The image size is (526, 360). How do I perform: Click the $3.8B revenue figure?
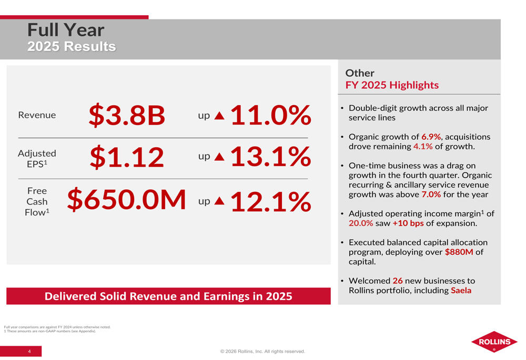pyautogui.click(x=127, y=115)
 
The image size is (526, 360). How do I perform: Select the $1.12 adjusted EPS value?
pyautogui.click(x=127, y=157)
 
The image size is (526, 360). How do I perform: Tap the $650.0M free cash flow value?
pyautogui.click(x=127, y=200)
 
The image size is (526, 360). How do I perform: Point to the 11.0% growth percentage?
pyautogui.click(x=270, y=115)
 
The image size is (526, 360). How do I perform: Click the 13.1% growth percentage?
pyautogui.click(x=270, y=157)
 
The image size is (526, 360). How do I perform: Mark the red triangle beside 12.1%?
pyautogui.click(x=219, y=201)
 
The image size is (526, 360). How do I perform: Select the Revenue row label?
pyautogui.click(x=37, y=115)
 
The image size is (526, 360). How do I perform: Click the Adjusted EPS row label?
pyautogui.click(x=37, y=158)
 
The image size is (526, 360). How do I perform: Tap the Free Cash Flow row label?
pyautogui.click(x=37, y=201)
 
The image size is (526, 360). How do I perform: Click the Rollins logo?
pyautogui.click(x=494, y=342)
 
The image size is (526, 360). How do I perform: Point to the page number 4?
pyautogui.click(x=29, y=351)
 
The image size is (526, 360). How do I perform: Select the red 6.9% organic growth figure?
pyautogui.click(x=431, y=137)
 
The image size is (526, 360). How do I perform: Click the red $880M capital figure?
pyautogui.click(x=459, y=252)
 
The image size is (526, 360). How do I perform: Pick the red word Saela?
pyautogui.click(x=461, y=291)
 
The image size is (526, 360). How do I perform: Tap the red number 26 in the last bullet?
pyautogui.click(x=397, y=281)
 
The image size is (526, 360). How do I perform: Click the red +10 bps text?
pyautogui.click(x=408, y=223)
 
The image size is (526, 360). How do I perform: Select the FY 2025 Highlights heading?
pyautogui.click(x=392, y=85)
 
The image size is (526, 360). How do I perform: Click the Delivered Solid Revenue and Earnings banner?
pyautogui.click(x=168, y=296)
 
